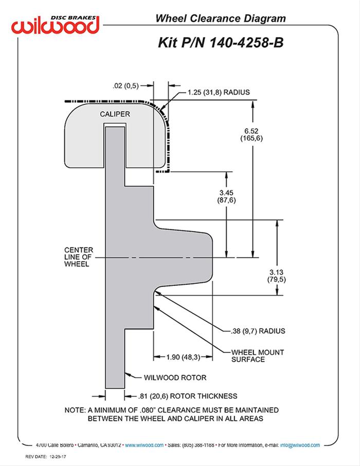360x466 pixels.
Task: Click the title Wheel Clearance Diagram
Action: point(220,19)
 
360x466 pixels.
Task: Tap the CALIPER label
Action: point(115,114)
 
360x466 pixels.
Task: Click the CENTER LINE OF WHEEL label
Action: point(77,257)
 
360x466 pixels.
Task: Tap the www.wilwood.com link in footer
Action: point(145,445)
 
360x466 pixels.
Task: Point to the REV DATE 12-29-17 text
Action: point(47,457)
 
